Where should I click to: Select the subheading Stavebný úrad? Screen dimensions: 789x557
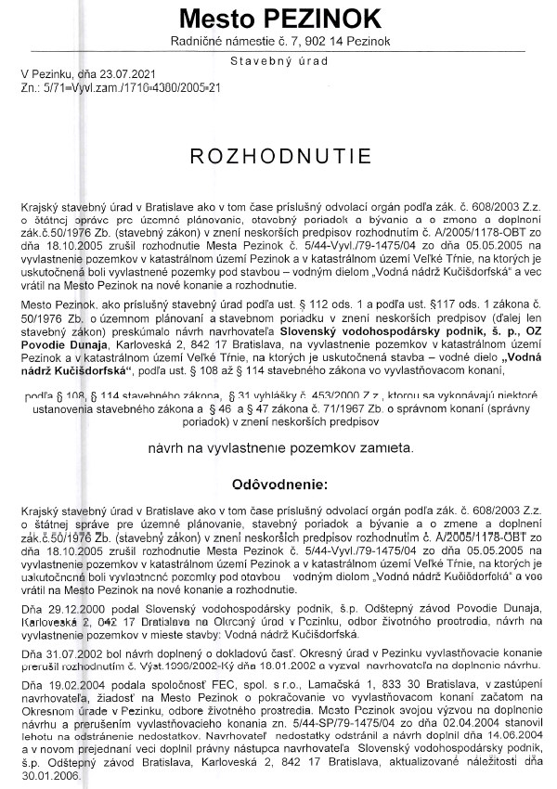278,61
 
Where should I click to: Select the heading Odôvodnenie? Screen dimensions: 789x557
278,485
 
